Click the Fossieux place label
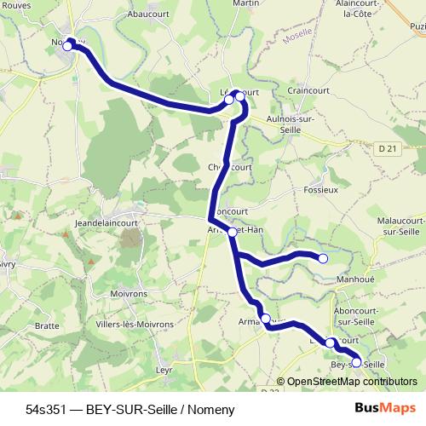tap(320, 189)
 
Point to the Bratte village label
tap(47, 325)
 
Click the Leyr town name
tap(164, 370)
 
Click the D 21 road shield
tap(388, 148)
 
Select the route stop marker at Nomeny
tap(67, 46)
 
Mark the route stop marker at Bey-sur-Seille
tap(356, 363)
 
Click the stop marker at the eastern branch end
tap(323, 258)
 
